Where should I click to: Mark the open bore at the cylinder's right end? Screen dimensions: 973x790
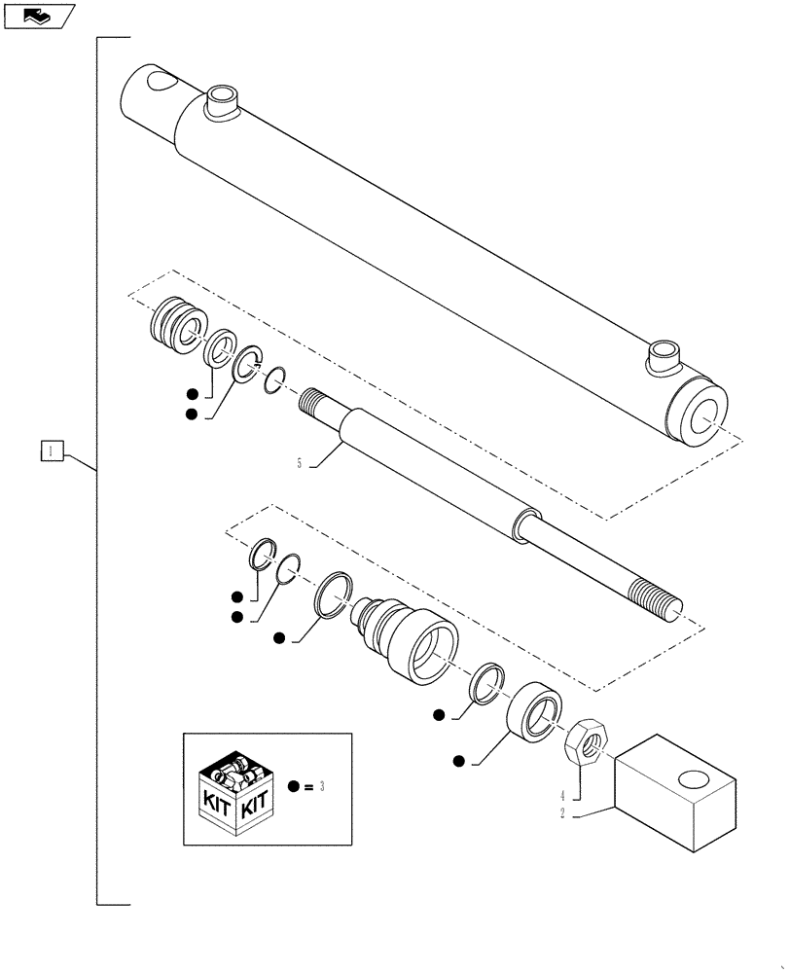click(703, 414)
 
